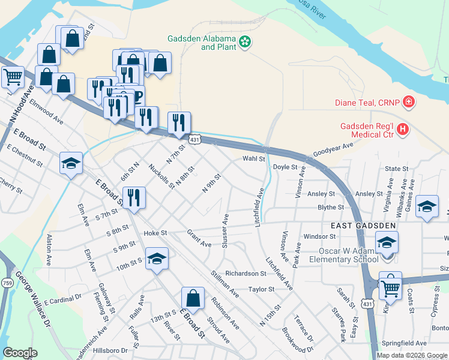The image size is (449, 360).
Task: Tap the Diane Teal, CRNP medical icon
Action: pos(409,102)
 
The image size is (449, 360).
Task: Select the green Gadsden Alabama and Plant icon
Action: pos(245,41)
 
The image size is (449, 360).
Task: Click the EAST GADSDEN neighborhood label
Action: pos(364,226)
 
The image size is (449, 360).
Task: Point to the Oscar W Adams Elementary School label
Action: pos(342,255)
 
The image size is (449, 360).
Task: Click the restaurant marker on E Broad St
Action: pos(134,197)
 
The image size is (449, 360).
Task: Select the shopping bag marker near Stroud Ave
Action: pos(193,298)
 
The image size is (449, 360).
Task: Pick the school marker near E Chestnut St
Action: pos(71,163)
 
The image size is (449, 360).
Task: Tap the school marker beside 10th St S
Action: pos(157,259)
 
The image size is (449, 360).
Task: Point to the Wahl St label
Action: pos(253,159)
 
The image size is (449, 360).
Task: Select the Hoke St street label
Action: pos(154,233)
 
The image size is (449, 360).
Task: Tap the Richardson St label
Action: pos(246,273)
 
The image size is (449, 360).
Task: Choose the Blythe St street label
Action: pos(331,208)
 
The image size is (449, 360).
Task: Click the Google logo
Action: pos(20,353)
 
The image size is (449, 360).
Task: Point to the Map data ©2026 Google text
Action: pos(412,355)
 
